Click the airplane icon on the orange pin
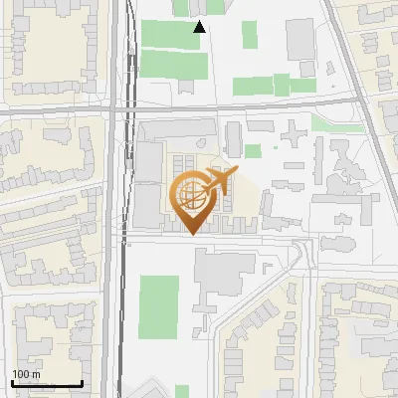219,182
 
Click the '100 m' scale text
27,373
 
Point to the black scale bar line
47,384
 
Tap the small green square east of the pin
253,151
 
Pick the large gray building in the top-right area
300,38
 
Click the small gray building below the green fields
187,86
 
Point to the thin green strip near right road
324,123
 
